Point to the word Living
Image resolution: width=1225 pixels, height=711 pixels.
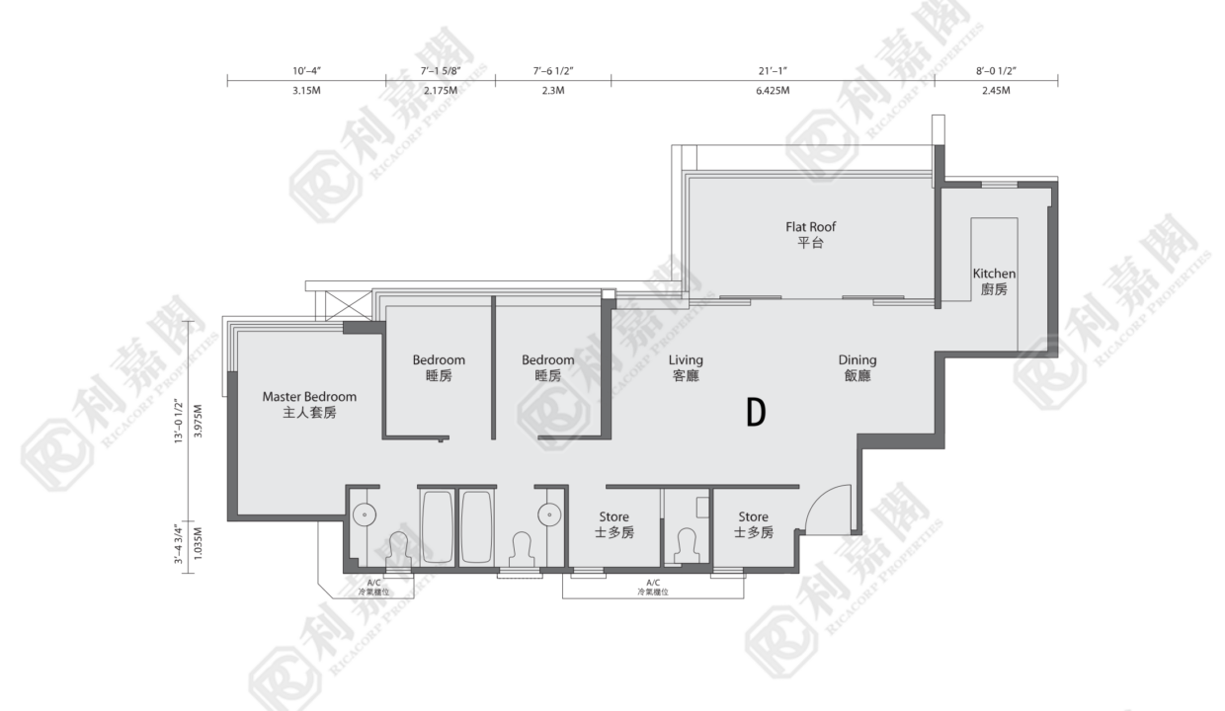(x=686, y=360)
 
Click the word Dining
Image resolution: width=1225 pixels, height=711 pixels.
(x=857, y=360)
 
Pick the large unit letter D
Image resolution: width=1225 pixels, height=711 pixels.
(x=757, y=413)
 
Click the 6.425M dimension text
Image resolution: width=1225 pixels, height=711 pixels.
(x=773, y=91)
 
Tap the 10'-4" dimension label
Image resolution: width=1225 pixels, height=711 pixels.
(x=307, y=71)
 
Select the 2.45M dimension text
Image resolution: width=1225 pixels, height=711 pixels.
(x=996, y=91)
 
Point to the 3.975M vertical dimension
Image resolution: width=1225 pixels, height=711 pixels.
(x=199, y=421)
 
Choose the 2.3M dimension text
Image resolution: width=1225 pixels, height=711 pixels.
(x=553, y=91)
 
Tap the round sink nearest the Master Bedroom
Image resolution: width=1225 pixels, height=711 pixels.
(x=365, y=514)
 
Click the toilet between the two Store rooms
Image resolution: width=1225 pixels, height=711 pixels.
(x=687, y=545)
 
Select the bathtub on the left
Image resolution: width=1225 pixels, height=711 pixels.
(x=438, y=526)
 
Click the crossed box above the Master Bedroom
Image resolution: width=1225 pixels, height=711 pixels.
(x=349, y=305)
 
